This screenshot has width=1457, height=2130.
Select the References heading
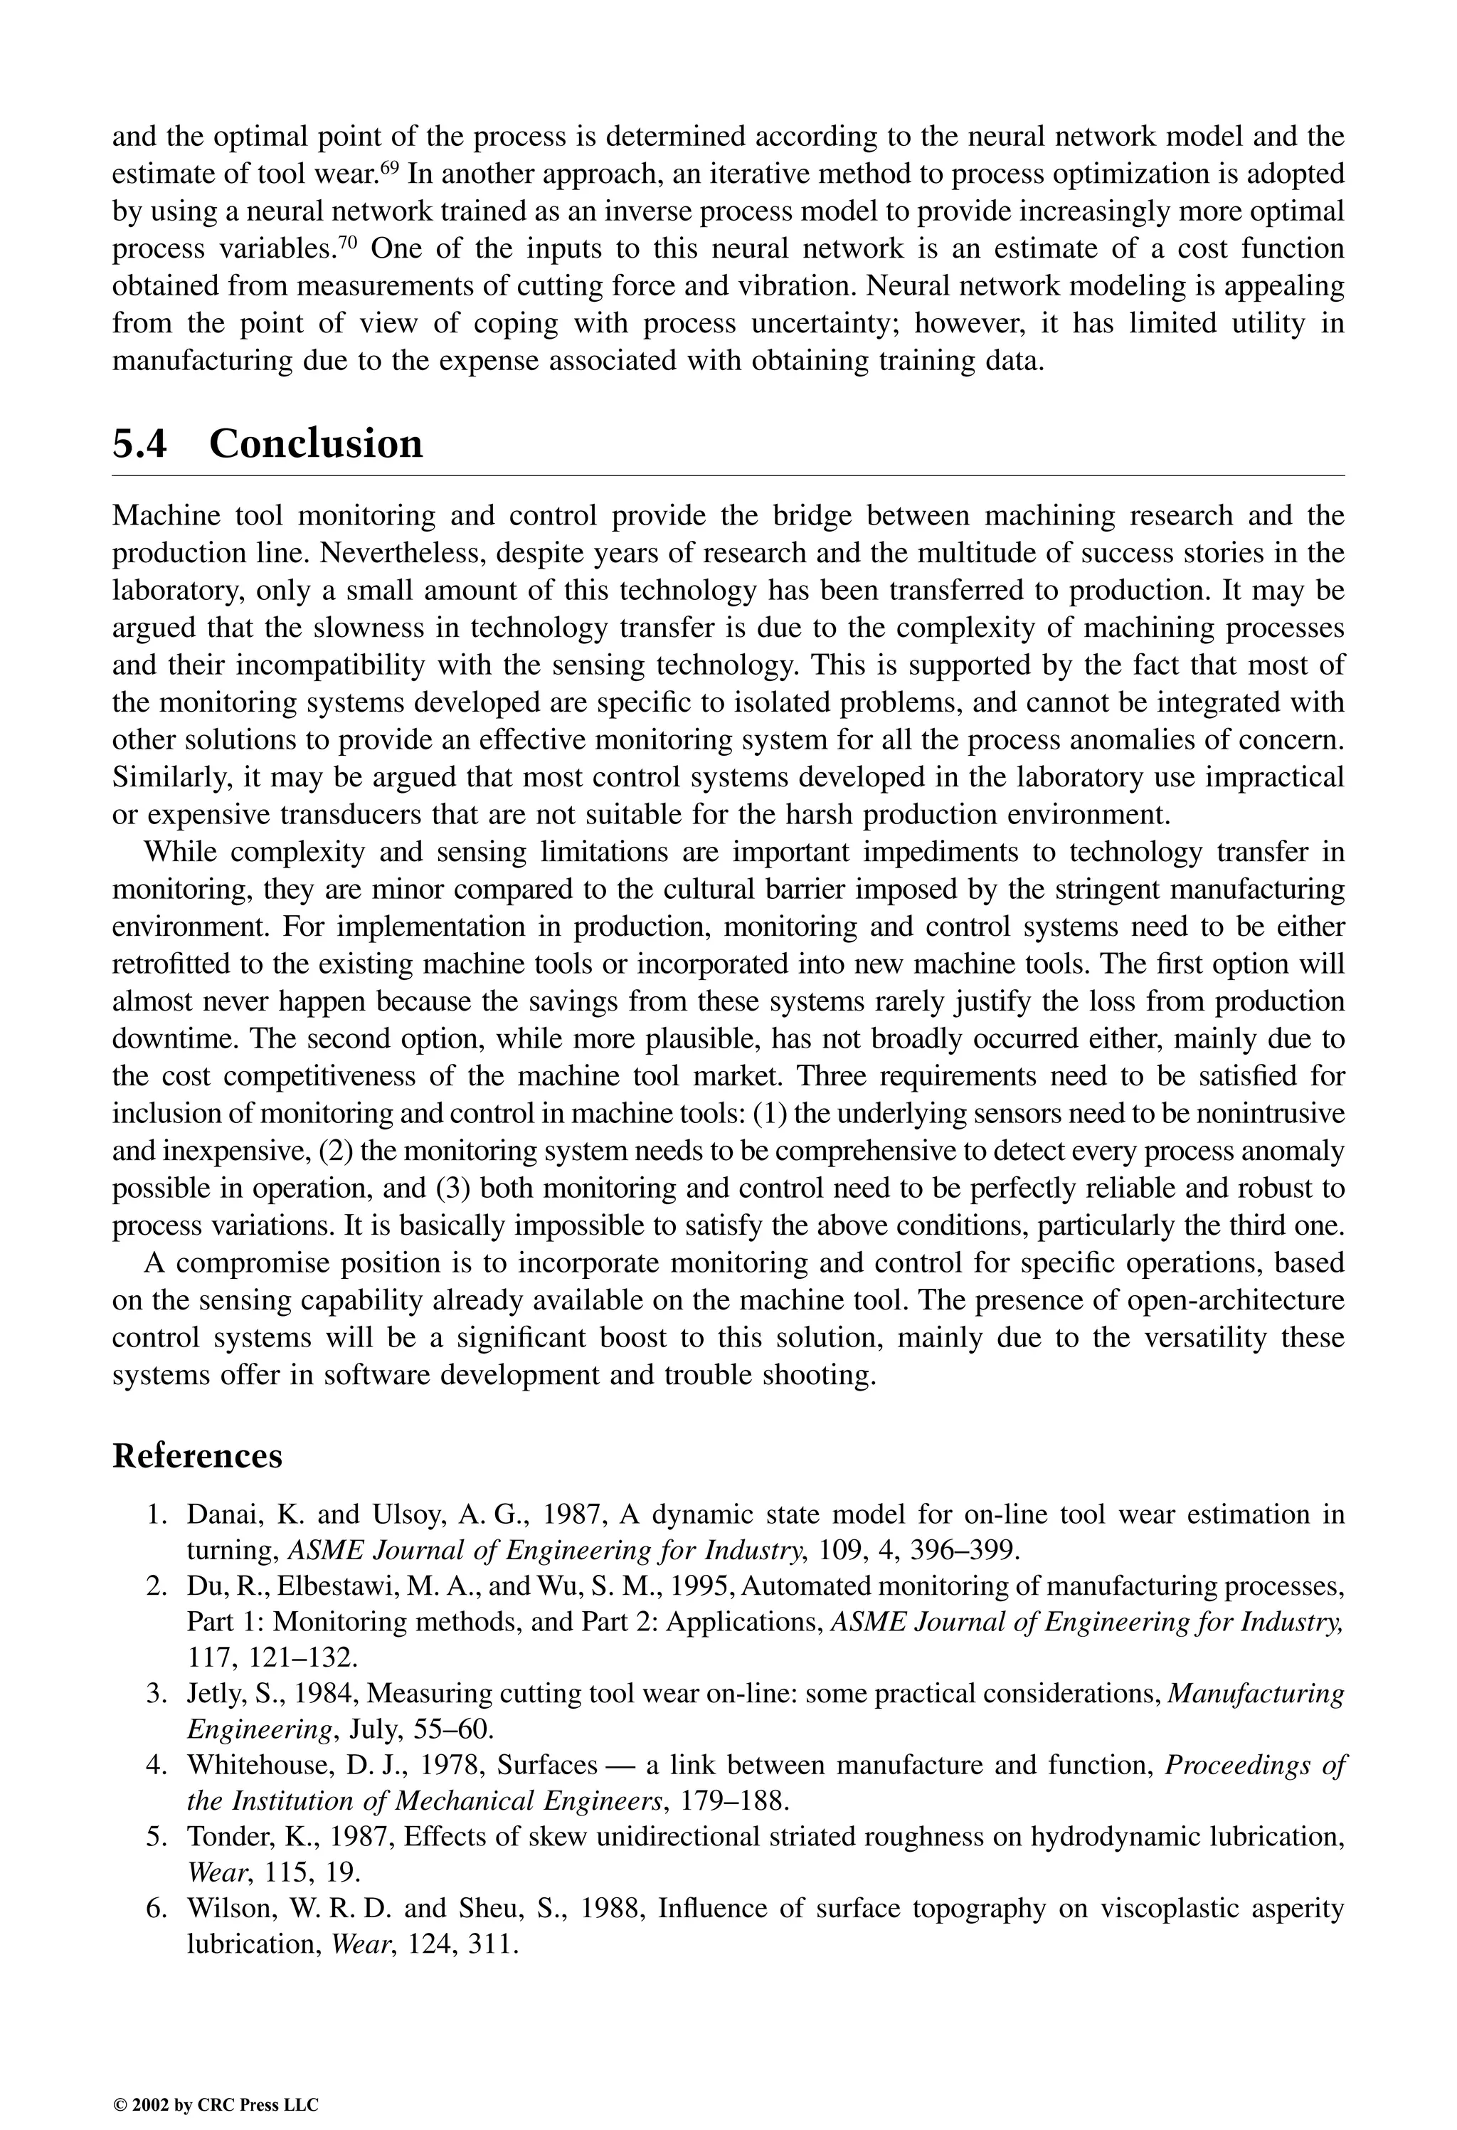point(197,1455)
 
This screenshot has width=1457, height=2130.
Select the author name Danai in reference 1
point(221,1515)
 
